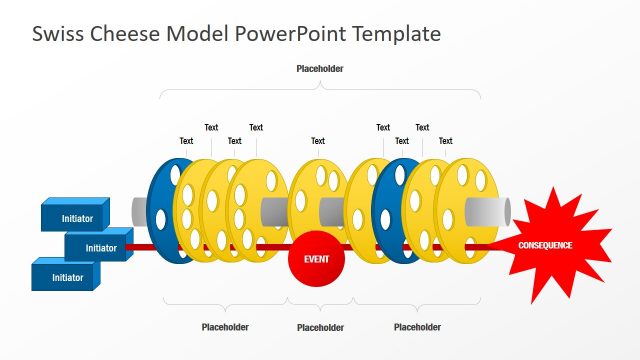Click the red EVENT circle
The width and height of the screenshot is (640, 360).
pyautogui.click(x=316, y=259)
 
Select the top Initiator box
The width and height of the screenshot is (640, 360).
pyautogui.click(x=78, y=217)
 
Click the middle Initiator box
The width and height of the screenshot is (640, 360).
pyautogui.click(x=100, y=247)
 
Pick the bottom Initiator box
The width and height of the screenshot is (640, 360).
pyautogui.click(x=67, y=277)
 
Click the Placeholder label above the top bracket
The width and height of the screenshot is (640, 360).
pyautogui.click(x=320, y=69)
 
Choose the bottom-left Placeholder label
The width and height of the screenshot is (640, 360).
pyautogui.click(x=225, y=327)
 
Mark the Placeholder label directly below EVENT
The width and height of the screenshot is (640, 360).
pyautogui.click(x=320, y=327)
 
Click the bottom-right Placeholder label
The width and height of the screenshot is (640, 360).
pyautogui.click(x=417, y=327)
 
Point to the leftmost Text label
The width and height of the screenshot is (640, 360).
pyautogui.click(x=186, y=141)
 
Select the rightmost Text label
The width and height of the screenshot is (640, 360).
pyautogui.click(x=445, y=141)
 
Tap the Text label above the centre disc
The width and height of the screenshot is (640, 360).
pyautogui.click(x=318, y=141)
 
